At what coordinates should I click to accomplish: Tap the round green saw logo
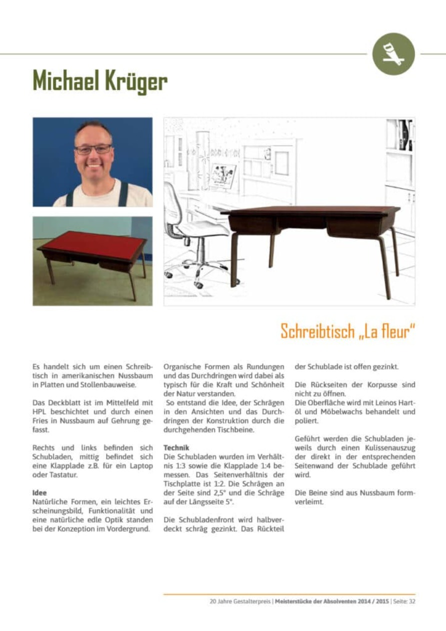(x=393, y=54)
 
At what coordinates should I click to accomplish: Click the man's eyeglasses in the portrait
(x=93, y=149)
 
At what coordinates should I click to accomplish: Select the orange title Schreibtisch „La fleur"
(x=347, y=331)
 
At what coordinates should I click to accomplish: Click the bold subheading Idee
(x=39, y=492)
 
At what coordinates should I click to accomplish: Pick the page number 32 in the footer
(x=411, y=601)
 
